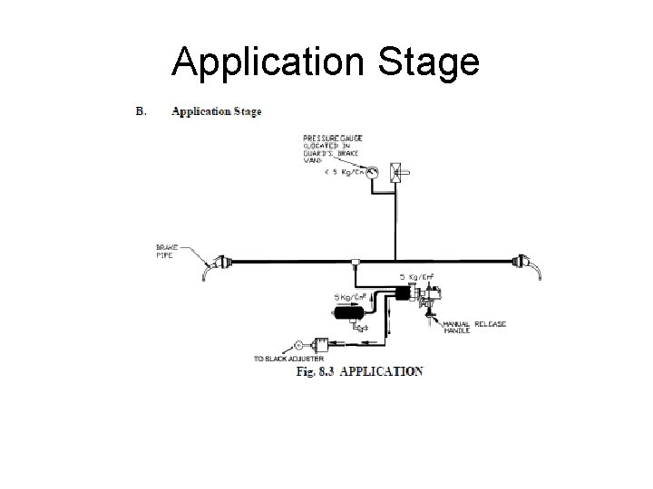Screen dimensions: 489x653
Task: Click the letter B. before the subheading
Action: (x=141, y=111)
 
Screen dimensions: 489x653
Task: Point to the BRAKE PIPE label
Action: (x=169, y=250)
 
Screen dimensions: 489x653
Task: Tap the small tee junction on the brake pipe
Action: (x=354, y=264)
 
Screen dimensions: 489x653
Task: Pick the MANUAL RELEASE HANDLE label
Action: (x=474, y=327)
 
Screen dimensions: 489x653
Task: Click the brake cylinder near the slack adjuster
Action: (x=318, y=345)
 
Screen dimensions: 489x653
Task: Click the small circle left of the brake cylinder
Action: (x=296, y=345)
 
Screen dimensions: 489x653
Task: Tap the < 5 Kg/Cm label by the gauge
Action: (x=340, y=173)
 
